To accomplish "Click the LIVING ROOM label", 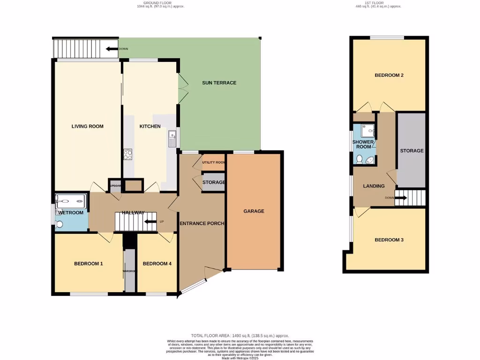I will tap(88, 126).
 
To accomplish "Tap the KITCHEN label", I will tap(150, 126).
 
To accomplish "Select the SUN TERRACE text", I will tap(219, 83).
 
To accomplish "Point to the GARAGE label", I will tap(254, 211).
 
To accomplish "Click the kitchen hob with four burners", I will tap(127, 154).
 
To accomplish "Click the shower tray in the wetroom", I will tap(71, 202).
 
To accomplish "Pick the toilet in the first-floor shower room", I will tap(360, 160).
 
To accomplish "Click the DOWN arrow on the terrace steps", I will tap(112, 48).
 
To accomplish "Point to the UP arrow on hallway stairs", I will tap(151, 222).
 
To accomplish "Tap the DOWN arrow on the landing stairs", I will tap(400, 198).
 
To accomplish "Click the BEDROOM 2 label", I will tap(389, 75).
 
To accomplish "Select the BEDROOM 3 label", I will tap(389, 240).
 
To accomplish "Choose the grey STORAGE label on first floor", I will tap(412, 150).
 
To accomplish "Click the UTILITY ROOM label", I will tap(214, 162).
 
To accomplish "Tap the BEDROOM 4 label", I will tap(157, 263).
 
